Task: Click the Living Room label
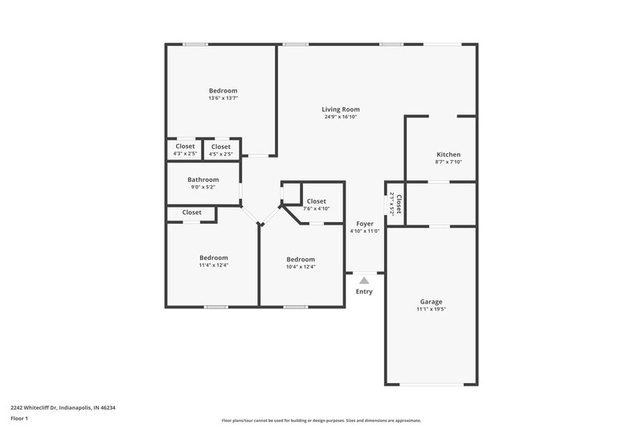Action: (x=340, y=109)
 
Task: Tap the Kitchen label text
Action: (x=448, y=154)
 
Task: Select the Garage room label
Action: (x=431, y=301)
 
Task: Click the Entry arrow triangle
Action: (x=364, y=280)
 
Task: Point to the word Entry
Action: (x=364, y=291)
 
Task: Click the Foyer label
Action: (x=364, y=223)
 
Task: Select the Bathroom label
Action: (x=203, y=179)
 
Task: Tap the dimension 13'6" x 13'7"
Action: (x=223, y=98)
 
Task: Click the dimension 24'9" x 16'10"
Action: (x=340, y=117)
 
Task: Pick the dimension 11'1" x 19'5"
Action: (x=431, y=309)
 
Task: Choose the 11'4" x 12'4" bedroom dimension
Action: (x=214, y=266)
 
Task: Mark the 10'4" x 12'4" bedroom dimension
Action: (x=301, y=266)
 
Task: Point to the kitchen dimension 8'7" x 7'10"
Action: (x=448, y=162)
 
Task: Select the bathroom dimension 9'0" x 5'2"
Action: (x=203, y=188)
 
